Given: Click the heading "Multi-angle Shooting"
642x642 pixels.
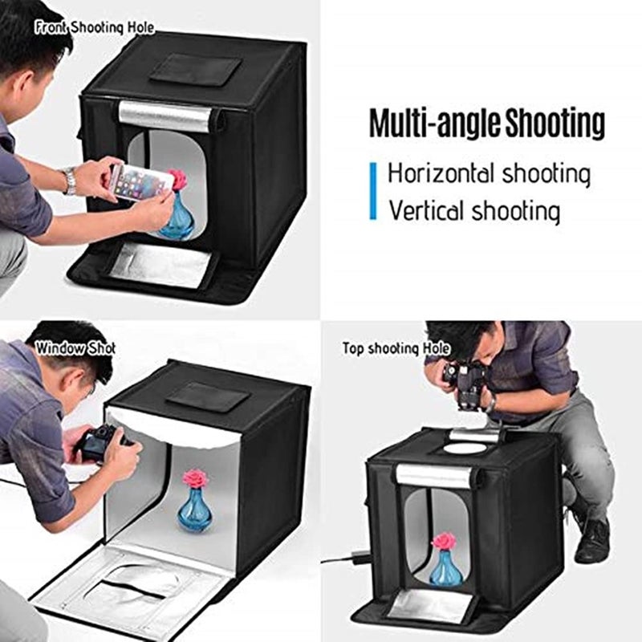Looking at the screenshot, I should point(486,124).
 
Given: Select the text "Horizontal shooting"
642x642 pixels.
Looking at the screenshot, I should point(490,173).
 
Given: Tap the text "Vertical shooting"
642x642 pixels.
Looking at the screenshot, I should point(474,211).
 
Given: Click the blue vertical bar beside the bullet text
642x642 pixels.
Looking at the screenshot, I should point(373,191).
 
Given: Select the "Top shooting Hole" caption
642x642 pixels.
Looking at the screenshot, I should point(396,348).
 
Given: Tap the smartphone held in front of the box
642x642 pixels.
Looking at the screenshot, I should point(140,182).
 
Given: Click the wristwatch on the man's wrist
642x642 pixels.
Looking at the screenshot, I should point(71,181).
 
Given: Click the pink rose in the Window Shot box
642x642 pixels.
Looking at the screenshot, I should point(195,479).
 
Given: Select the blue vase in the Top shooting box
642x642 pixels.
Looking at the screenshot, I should point(445,569).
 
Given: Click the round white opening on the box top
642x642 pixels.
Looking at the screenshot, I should point(465,448).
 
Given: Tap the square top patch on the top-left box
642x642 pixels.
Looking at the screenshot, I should point(195,70).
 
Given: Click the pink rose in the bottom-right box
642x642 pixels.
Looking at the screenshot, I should point(444,540).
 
